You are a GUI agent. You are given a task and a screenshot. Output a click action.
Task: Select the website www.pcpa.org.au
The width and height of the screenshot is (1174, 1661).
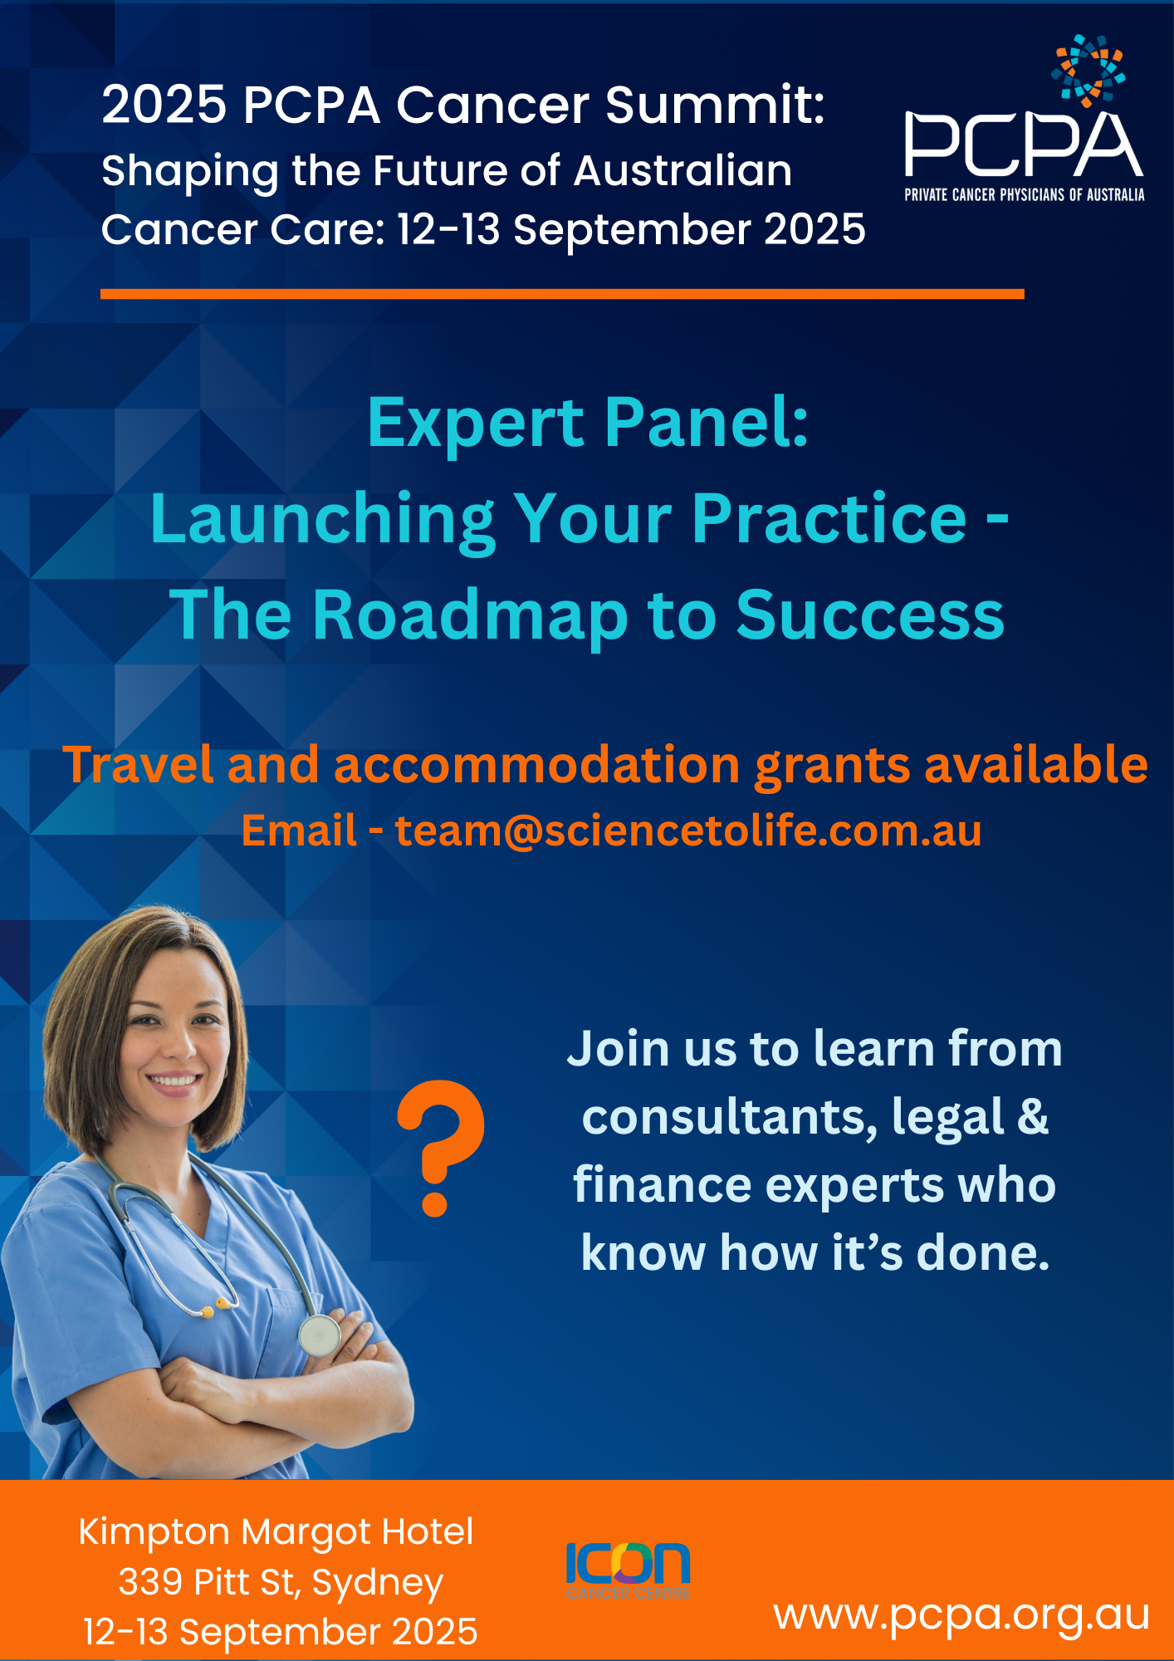(x=961, y=1615)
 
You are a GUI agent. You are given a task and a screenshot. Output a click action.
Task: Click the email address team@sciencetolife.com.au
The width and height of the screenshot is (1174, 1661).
(x=688, y=830)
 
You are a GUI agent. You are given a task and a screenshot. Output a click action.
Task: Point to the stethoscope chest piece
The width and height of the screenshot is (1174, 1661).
(x=320, y=1335)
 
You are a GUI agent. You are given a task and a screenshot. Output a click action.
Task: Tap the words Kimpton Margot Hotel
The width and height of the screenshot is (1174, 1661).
(x=276, y=1532)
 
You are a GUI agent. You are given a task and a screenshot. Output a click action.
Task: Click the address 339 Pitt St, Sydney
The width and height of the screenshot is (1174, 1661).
(x=281, y=1583)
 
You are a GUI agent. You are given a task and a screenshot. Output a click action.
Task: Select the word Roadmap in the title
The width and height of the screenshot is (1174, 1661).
(x=470, y=616)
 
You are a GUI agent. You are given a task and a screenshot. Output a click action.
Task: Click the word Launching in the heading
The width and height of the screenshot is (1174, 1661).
(x=323, y=520)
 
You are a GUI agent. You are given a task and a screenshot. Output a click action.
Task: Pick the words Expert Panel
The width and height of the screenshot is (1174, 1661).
(x=588, y=423)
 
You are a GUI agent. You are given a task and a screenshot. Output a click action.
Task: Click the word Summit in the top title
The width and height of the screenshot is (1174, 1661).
(x=714, y=105)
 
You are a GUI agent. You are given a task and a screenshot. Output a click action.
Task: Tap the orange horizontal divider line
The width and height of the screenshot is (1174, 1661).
(x=562, y=294)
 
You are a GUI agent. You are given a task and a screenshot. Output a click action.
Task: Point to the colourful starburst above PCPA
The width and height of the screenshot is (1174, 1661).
(x=1088, y=71)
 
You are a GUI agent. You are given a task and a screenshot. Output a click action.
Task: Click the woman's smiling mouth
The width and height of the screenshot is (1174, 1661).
(x=174, y=1080)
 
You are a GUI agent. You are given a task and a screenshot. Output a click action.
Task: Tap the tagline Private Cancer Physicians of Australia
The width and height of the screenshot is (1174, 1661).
(x=1025, y=195)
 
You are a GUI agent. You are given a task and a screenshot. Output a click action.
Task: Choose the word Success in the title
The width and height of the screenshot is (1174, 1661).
(x=870, y=615)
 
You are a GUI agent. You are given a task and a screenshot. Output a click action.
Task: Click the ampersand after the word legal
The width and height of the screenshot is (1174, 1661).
(x=1033, y=1116)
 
